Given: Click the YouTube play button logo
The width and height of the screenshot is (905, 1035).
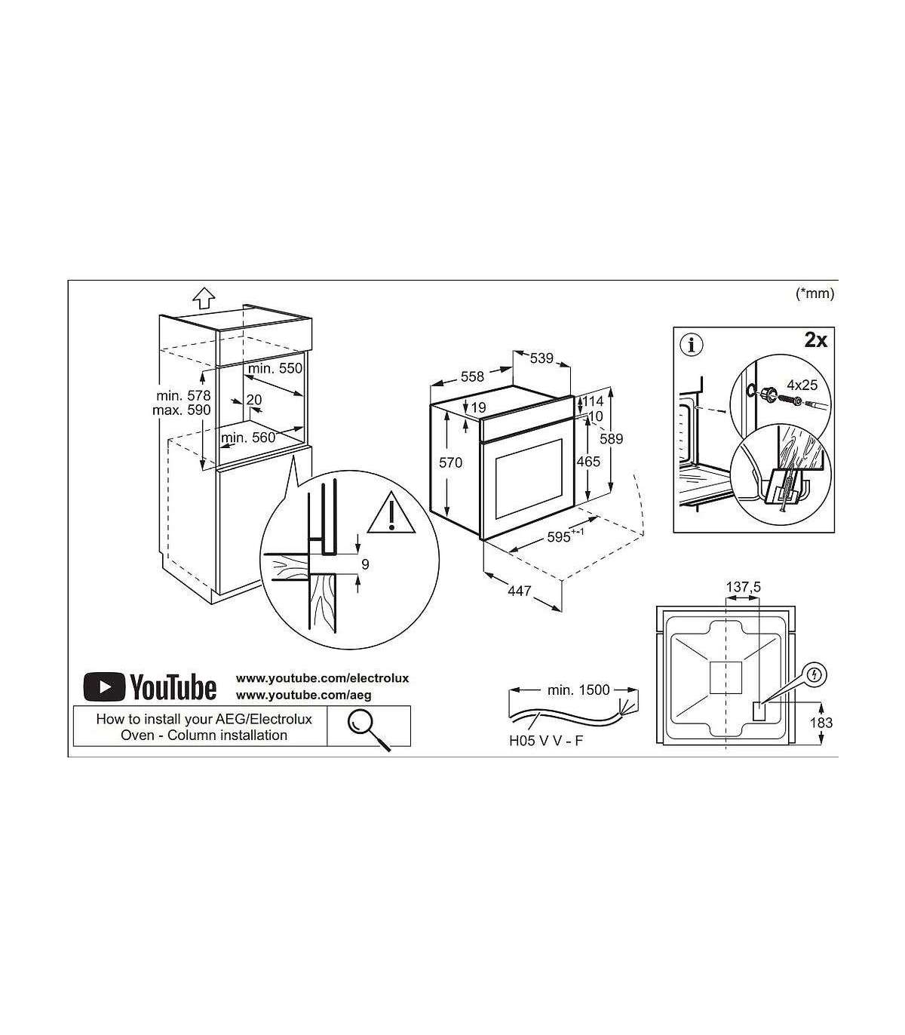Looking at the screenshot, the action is (x=105, y=686).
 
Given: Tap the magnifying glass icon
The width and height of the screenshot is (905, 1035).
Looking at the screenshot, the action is (x=367, y=727).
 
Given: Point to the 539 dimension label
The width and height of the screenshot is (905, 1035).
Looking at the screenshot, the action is (x=541, y=358).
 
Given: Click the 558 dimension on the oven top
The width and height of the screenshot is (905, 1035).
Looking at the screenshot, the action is (x=472, y=376).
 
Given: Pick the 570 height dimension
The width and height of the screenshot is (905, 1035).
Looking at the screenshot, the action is (x=450, y=462).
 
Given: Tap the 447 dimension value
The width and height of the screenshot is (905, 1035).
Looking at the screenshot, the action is (x=519, y=591).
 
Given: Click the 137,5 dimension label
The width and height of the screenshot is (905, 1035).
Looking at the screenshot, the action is (x=743, y=588).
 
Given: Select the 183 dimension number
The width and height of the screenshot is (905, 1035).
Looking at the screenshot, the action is (x=821, y=723).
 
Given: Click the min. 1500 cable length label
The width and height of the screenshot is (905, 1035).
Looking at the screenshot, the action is (x=578, y=690).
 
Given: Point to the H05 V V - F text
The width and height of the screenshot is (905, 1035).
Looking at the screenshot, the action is (x=546, y=741).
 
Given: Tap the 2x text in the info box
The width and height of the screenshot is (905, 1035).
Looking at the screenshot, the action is (x=815, y=340).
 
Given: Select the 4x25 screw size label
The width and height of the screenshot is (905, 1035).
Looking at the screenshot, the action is (x=802, y=385).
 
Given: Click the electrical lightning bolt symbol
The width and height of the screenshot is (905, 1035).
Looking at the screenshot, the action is (x=814, y=674).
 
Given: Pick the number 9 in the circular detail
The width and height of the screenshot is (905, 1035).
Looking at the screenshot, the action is (x=365, y=564).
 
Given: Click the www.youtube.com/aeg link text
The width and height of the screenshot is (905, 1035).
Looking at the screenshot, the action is (x=304, y=696).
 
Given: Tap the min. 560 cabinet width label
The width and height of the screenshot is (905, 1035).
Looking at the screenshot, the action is (x=248, y=437).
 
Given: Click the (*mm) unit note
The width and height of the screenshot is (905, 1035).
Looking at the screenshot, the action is (x=815, y=293).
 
